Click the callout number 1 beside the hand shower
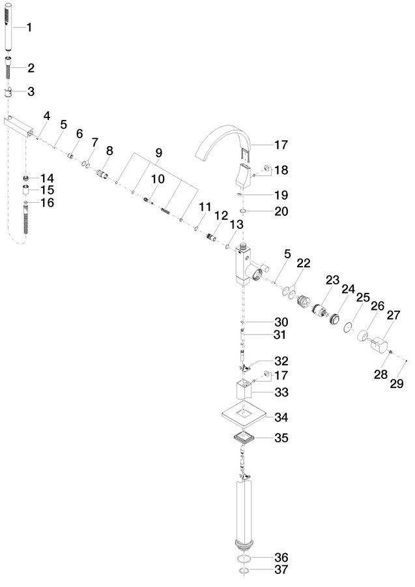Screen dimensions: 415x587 pyautogui.click(x=29, y=27)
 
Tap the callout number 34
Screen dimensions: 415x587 pyautogui.click(x=281, y=417)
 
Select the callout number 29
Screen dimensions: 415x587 pyautogui.click(x=397, y=383)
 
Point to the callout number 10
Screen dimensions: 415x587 pyautogui.click(x=158, y=179)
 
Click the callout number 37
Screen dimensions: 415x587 pyautogui.click(x=281, y=569)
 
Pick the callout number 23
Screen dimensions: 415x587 pyautogui.click(x=332, y=280)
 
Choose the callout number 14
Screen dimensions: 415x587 pyautogui.click(x=47, y=178)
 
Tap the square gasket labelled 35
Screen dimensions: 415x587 pyautogui.click(x=244, y=437)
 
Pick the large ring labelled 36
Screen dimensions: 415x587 pyautogui.click(x=244, y=560)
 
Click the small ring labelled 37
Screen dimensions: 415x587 pyautogui.click(x=244, y=571)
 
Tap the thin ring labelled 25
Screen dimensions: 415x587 pyautogui.click(x=348, y=327)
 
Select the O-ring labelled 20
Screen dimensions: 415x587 pyautogui.click(x=243, y=211)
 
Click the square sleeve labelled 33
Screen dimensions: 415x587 pyautogui.click(x=244, y=391)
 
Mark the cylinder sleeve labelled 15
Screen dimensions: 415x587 pyautogui.click(x=26, y=190)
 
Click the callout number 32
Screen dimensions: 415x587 pyautogui.click(x=281, y=361)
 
